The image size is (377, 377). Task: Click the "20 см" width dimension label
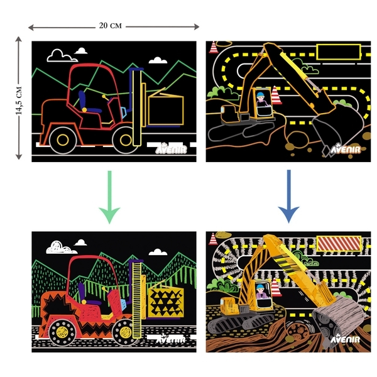pyautogui.click(x=111, y=26)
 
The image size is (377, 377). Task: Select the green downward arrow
pyautogui.click(x=109, y=197)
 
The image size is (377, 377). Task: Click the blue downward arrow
pyautogui.click(x=288, y=196)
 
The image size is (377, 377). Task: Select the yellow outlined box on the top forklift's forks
pyautogui.click(x=166, y=111)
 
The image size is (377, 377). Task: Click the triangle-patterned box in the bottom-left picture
pyautogui.click(x=166, y=302)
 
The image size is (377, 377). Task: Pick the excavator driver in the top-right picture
pyautogui.click(x=261, y=99)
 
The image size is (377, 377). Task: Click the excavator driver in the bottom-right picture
pyautogui.click(x=261, y=291)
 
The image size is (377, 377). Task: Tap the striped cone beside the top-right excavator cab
pyautogui.click(x=276, y=96)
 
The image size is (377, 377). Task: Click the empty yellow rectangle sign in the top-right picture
pyautogui.click(x=339, y=52)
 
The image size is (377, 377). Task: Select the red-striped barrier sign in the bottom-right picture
pyautogui.click(x=339, y=244)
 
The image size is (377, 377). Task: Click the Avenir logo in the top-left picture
pyautogui.click(x=171, y=148)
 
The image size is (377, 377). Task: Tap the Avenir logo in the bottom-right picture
pyautogui.click(x=345, y=339)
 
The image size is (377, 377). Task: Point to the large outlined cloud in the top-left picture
pyautogui.click(x=62, y=56)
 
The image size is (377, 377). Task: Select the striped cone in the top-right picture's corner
pyautogui.click(x=213, y=47)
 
